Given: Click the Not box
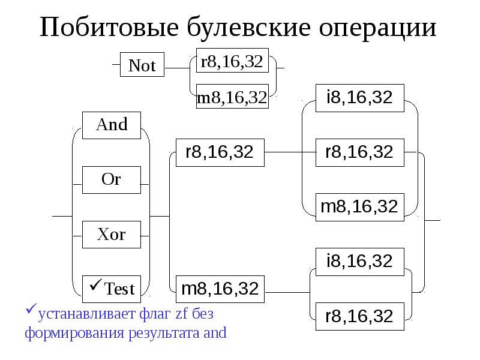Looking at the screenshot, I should pos(142,66).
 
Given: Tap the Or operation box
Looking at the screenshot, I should pos(112,179).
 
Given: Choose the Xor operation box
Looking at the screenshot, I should pos(112,234).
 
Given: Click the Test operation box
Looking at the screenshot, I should pos(112,289).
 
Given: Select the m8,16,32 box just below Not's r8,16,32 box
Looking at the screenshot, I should pos(232,98).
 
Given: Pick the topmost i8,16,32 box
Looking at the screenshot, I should pos(359,98).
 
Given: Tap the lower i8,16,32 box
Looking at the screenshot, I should pos(359,261).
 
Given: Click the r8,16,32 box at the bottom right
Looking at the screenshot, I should pos(359,316).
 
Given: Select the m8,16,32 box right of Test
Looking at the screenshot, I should pos(220,289).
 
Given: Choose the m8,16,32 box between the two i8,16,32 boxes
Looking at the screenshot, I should pos(359,207).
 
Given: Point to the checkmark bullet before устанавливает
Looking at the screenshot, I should pos(31,311).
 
